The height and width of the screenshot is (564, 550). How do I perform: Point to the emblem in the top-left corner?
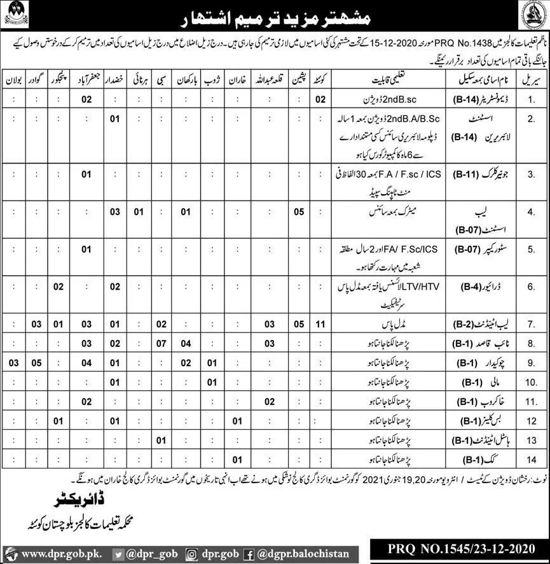point(16,13)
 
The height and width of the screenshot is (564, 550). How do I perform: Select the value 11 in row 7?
point(321,325)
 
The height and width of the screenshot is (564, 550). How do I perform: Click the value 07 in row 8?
point(162,344)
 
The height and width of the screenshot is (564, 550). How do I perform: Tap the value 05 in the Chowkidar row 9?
point(36,363)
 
